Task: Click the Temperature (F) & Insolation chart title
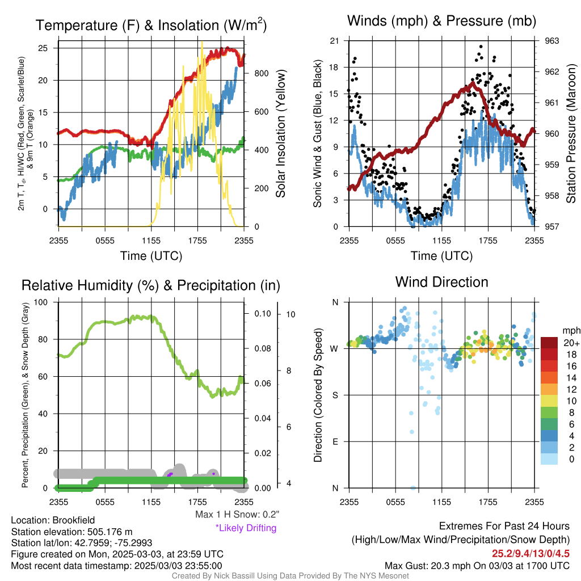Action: coord(151,25)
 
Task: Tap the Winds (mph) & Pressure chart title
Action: coord(441,21)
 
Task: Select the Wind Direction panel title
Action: coord(441,282)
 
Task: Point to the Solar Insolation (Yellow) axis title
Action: coord(280,133)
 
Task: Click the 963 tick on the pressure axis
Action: coord(551,41)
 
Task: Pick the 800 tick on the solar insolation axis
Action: coord(261,73)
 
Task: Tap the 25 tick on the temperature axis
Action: coord(43,48)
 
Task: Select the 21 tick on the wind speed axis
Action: coord(334,41)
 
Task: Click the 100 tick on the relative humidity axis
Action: coord(41,302)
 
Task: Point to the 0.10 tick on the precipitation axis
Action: coord(263,313)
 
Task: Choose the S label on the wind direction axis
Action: coord(335,395)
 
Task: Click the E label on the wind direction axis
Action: coord(335,441)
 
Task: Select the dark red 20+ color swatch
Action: coord(549,343)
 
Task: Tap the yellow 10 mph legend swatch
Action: coord(549,401)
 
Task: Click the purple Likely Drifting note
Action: coord(246,528)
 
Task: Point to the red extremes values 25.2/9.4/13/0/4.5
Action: coord(531,554)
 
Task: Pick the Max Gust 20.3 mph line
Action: coord(477,566)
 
